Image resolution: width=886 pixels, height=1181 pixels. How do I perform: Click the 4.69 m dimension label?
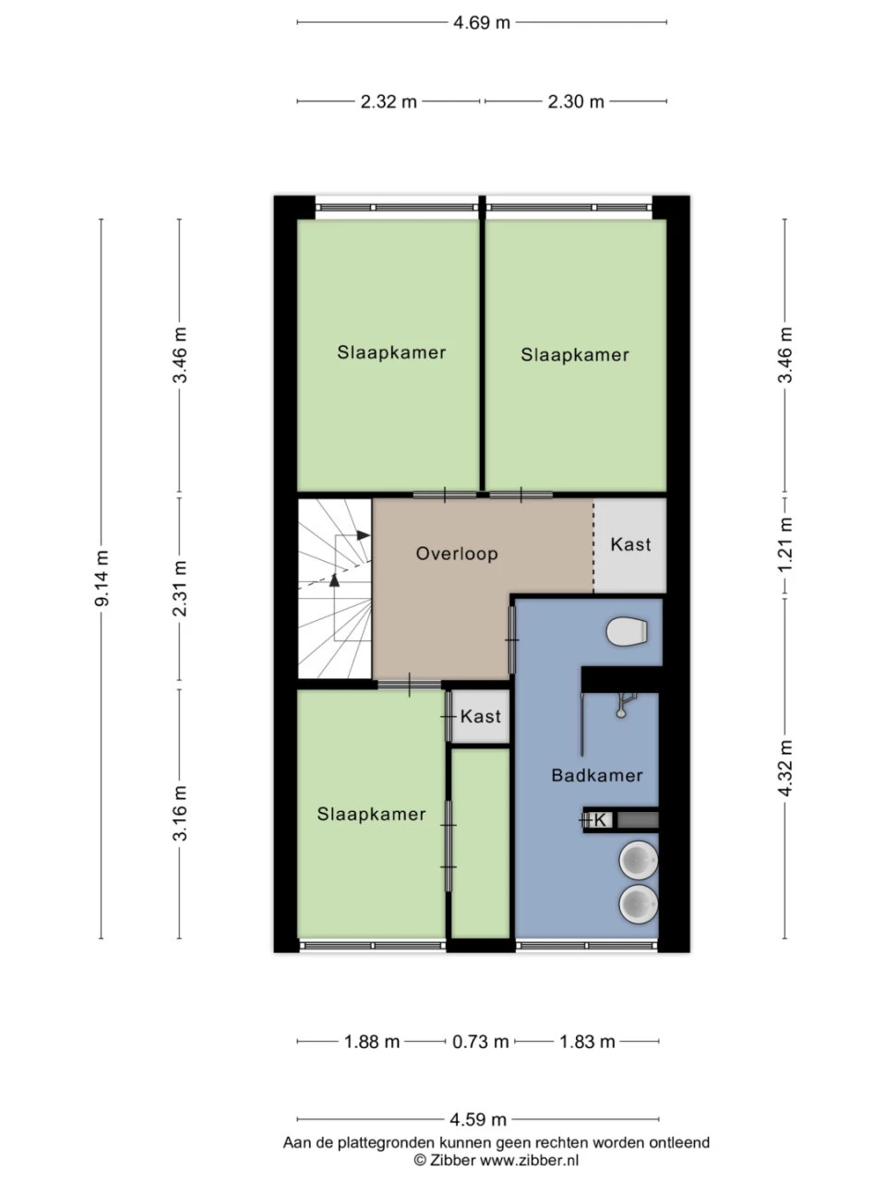pos(481,23)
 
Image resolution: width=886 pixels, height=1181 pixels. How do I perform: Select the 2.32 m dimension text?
pos(389,101)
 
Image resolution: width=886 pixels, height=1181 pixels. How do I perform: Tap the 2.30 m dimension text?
pos(576,101)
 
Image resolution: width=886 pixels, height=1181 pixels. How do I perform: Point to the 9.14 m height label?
pos(102,579)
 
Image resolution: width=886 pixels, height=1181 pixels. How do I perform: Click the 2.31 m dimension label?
pos(180,590)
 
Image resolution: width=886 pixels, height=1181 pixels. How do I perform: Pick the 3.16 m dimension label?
pos(180,813)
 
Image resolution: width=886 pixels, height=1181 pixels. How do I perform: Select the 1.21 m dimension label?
pos(785,543)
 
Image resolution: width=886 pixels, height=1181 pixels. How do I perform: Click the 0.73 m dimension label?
pos(480,1042)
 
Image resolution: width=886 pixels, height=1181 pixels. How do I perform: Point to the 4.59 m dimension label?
pos(478,1120)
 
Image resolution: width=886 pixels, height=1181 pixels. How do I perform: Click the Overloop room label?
pos(457,554)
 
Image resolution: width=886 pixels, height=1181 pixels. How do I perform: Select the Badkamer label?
pos(596,775)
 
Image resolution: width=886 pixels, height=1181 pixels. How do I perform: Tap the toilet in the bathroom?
pos(628,632)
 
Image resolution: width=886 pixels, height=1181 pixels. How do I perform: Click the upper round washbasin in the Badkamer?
pos(638,861)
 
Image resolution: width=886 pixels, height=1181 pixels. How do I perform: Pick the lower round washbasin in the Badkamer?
pos(638,904)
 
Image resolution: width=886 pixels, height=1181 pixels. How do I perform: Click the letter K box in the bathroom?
pos(600,819)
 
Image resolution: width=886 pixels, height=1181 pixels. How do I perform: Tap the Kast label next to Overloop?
pos(630,544)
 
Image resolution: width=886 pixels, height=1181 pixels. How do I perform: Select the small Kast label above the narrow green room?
pos(481,716)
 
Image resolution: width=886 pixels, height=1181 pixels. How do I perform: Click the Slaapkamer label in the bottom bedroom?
pos(371,814)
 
